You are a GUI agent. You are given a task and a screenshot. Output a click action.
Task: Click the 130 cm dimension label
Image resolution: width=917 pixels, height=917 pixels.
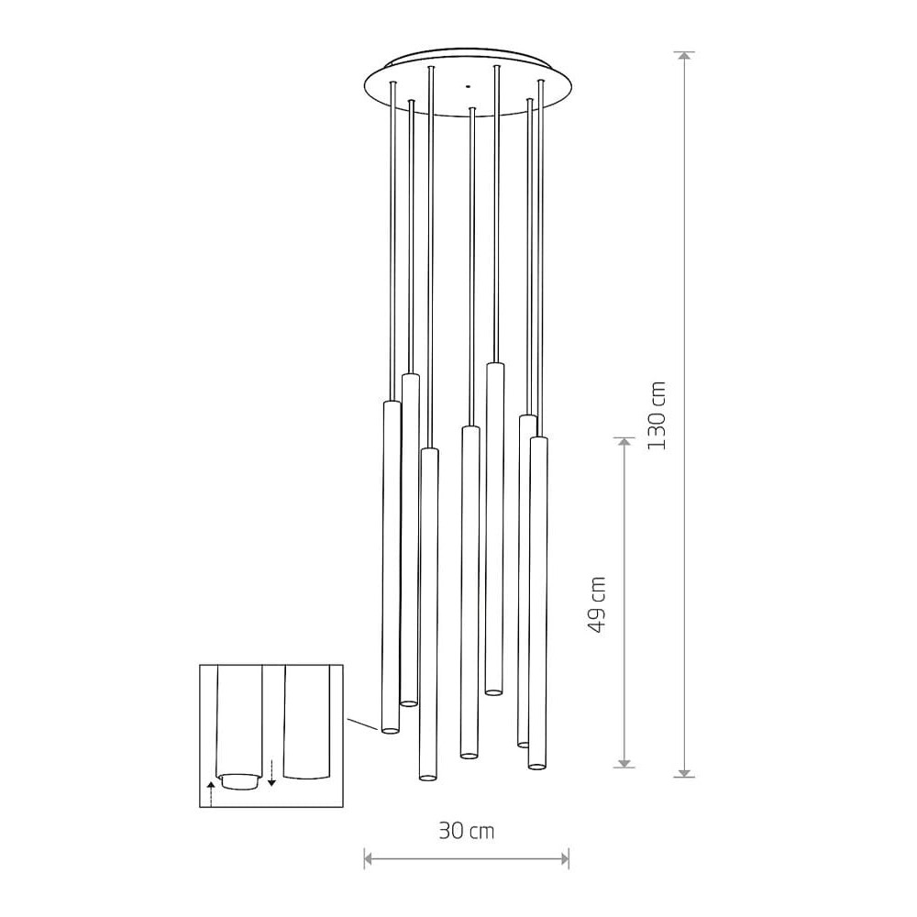pos(657,415)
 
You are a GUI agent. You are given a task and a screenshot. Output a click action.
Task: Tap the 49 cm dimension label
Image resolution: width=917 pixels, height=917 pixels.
pos(597,604)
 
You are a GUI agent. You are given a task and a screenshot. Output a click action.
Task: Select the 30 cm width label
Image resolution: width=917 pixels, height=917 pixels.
pos(467,831)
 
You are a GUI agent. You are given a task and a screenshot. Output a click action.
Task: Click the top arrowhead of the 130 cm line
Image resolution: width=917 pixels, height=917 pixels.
pos(684,56)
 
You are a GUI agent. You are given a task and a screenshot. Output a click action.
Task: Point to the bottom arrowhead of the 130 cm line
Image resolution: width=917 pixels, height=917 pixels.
pos(684,772)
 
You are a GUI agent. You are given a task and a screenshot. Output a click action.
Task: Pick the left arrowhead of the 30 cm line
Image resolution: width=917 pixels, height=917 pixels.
pos(369,858)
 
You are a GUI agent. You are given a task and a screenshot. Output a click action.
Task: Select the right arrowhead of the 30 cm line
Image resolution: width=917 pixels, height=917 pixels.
pos(564,858)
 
